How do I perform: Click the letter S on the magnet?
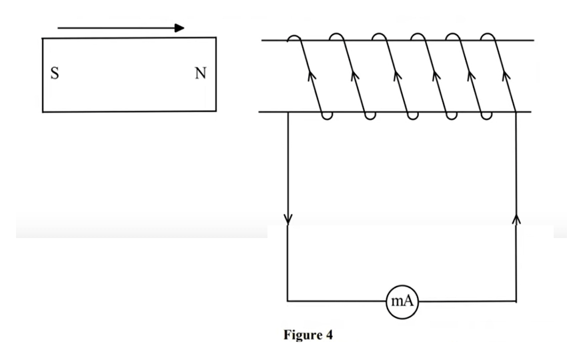pos(55,74)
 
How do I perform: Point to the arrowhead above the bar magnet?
pos(179,28)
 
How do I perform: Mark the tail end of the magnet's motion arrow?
pos(59,28)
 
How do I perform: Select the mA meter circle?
pos(402,301)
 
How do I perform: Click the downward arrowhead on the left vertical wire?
pos(288,219)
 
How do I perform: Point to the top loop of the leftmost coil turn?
pos(294,37)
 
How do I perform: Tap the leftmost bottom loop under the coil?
pos(327,117)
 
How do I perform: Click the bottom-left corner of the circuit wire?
pos(287,301)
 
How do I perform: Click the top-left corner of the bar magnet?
pos(43,39)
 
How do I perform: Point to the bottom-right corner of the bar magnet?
pos(215,111)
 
